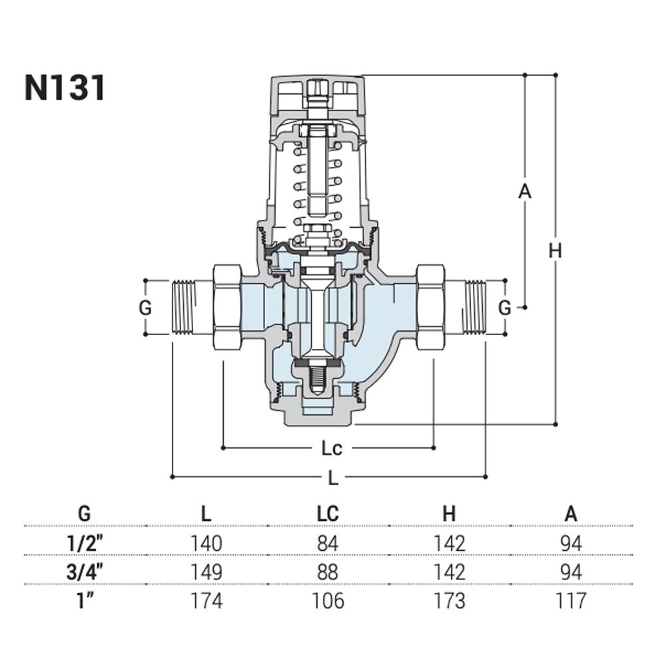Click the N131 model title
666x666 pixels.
pos(65,88)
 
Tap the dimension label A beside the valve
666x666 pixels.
pos(525,192)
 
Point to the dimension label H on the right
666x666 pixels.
pos(555,251)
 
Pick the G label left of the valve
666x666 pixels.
pos(145,308)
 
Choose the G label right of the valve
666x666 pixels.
pos(505,308)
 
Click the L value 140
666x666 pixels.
pos(206,543)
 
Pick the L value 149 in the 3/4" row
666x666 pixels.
pos(206,571)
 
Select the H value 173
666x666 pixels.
pos(449,600)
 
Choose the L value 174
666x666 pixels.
pos(206,600)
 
